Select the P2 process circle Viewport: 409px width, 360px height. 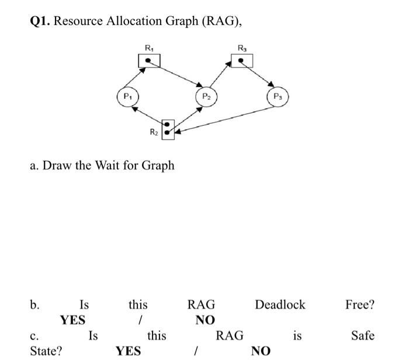point(206,96)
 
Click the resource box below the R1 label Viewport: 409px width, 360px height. point(150,60)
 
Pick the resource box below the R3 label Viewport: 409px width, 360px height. point(241,60)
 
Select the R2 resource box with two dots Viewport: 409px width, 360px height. point(168,128)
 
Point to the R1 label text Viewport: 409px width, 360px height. point(149,47)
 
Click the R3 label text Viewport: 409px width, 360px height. point(241,47)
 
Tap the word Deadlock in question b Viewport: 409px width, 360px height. point(280,305)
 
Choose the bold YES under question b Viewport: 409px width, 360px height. point(72,320)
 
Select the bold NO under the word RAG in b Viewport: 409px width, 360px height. point(205,320)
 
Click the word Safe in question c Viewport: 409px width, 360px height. point(363,336)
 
